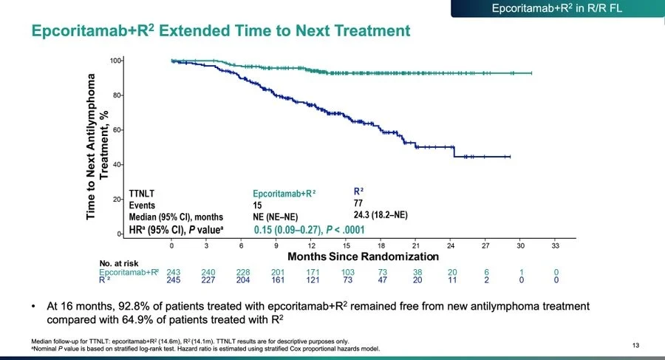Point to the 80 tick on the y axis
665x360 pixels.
tap(115, 95)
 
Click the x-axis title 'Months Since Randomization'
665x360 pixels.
tap(363, 257)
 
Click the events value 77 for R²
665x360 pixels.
tap(359, 203)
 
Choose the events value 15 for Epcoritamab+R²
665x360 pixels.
tap(257, 205)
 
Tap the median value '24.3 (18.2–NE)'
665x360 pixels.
tap(381, 215)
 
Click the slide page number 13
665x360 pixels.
tap(638, 344)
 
